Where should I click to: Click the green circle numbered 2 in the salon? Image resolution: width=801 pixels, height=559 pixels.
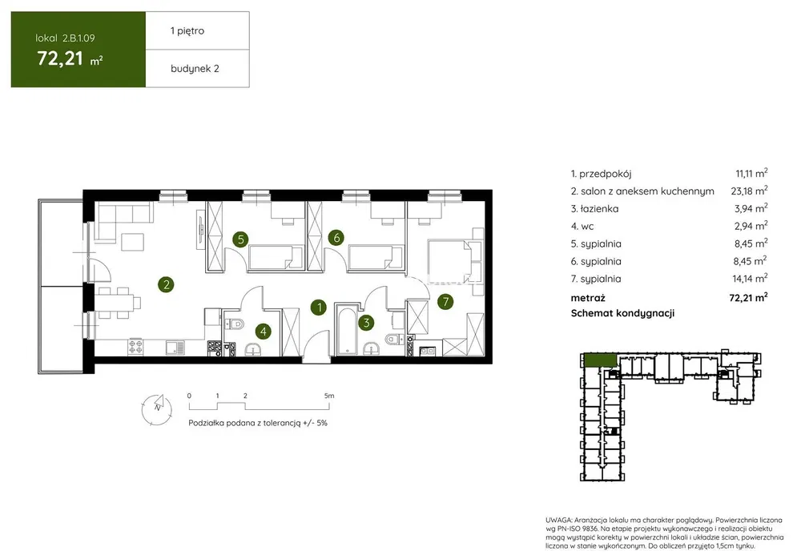pos(166,284)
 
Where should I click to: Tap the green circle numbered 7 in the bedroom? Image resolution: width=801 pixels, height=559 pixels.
pos(445,301)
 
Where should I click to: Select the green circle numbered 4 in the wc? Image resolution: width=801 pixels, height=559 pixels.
pos(263,331)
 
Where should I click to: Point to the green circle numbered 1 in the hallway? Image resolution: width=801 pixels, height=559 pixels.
pos(319,307)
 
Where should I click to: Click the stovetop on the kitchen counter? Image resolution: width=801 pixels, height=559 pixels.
pos(135,347)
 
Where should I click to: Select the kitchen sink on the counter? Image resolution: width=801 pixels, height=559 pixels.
pos(175,348)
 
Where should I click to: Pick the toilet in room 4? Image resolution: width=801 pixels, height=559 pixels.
pos(236,324)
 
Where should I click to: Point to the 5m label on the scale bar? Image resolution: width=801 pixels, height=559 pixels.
pos(329,396)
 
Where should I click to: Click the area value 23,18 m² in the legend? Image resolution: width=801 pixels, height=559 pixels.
pos(749,191)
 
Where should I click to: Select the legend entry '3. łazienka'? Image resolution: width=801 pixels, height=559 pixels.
pos(594,208)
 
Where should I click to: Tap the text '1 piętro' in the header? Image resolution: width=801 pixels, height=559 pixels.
pos(187,30)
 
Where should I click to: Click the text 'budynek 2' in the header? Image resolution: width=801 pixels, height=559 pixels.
pos(195,68)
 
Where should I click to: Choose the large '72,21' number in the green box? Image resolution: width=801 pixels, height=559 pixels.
pos(60,58)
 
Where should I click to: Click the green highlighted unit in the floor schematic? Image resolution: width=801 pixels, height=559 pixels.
pos(600,360)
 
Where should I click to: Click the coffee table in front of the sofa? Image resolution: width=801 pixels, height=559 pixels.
pos(133,242)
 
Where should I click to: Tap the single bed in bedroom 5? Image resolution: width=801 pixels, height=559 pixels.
pos(270,256)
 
